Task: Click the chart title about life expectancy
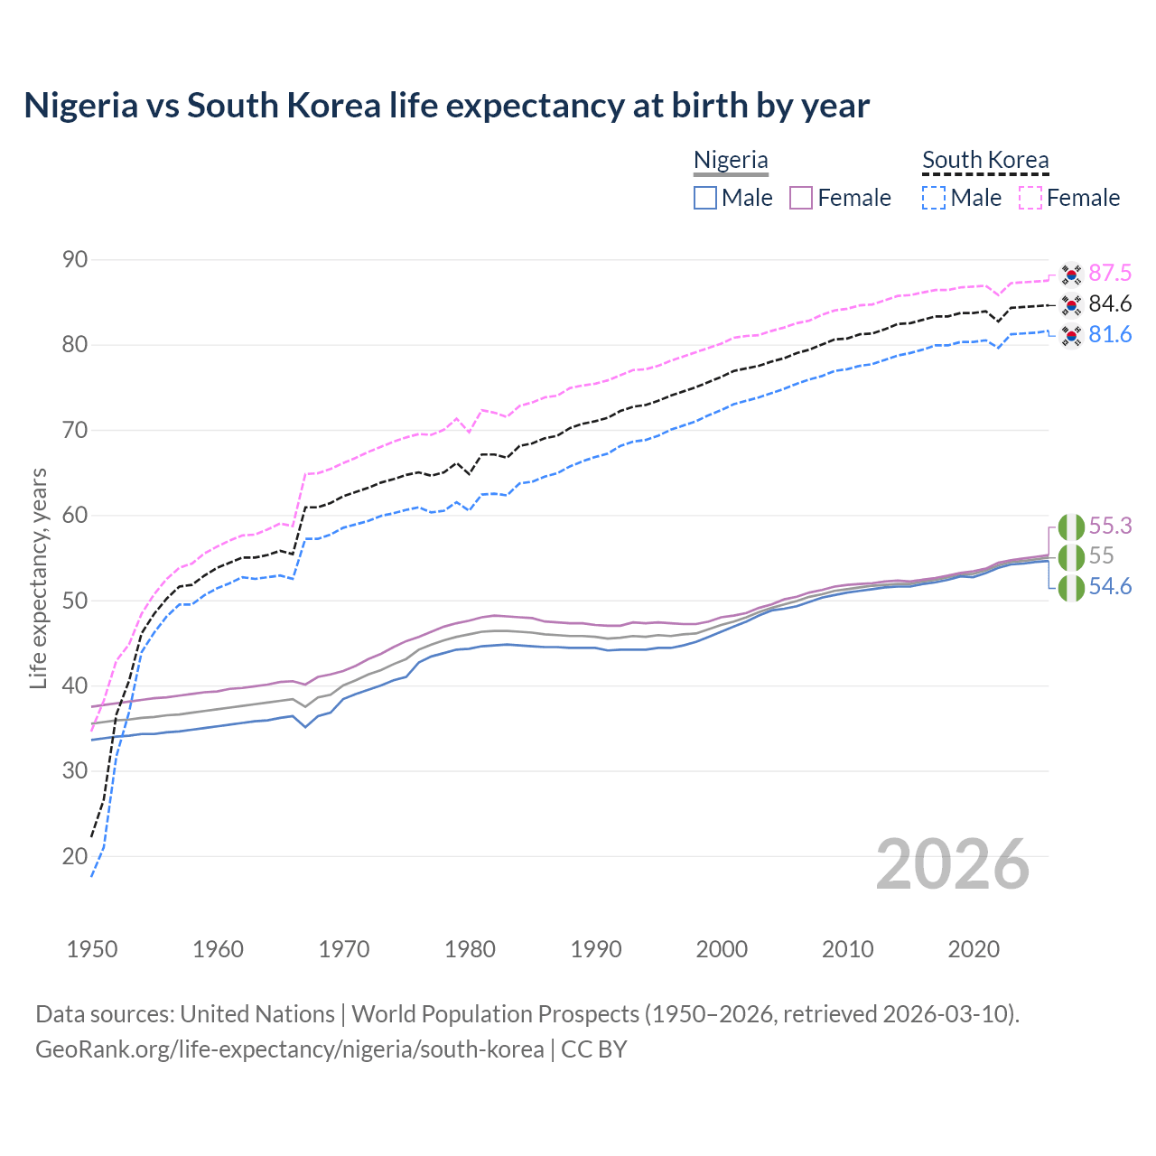[446, 106]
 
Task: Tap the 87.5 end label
[1110, 273]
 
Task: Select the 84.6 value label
[1110, 303]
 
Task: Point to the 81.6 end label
[1110, 334]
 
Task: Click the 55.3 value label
[1110, 526]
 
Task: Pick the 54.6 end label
[1110, 586]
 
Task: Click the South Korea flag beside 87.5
[1071, 274]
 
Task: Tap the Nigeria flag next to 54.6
[1071, 588]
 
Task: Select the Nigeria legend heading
[731, 160]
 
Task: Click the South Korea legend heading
[985, 160]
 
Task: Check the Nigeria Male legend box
[705, 198]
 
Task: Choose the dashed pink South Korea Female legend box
[1030, 198]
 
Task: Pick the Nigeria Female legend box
[801, 198]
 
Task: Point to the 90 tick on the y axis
[75, 260]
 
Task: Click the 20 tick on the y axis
[75, 856]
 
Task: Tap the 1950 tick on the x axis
[92, 949]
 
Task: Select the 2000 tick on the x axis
[722, 949]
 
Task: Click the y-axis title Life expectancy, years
[39, 578]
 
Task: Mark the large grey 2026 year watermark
[952, 864]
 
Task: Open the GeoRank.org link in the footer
[289, 1049]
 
